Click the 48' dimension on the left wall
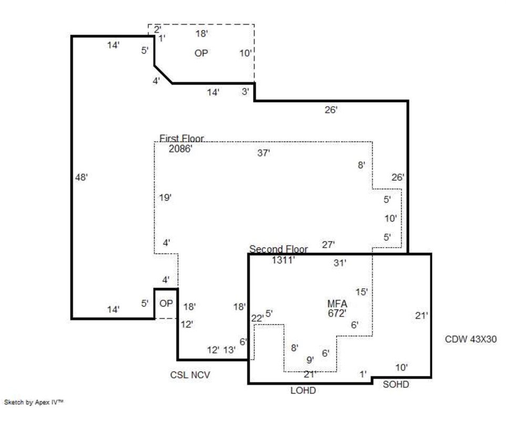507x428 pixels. tap(81, 177)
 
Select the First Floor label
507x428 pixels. tap(181, 139)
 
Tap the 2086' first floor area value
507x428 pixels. tap(180, 149)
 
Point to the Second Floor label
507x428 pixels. tap(278, 249)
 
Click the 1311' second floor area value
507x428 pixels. tap(283, 260)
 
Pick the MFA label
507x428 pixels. tap(337, 304)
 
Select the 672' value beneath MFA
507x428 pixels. tap(337, 313)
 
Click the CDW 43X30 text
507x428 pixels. tap(471, 339)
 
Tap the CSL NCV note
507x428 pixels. tap(190, 375)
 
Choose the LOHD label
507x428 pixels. tap(303, 391)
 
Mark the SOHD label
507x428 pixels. tap(396, 385)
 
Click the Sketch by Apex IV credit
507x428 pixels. tap(34, 402)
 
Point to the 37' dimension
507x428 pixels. tap(263, 153)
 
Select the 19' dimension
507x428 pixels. tap(166, 198)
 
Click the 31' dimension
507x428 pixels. tap(340, 263)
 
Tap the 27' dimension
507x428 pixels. tap(328, 244)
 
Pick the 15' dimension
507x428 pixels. tap(361, 292)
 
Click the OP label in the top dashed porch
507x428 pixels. tap(201, 53)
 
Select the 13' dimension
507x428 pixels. tap(229, 350)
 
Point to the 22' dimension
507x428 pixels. tap(257, 318)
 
